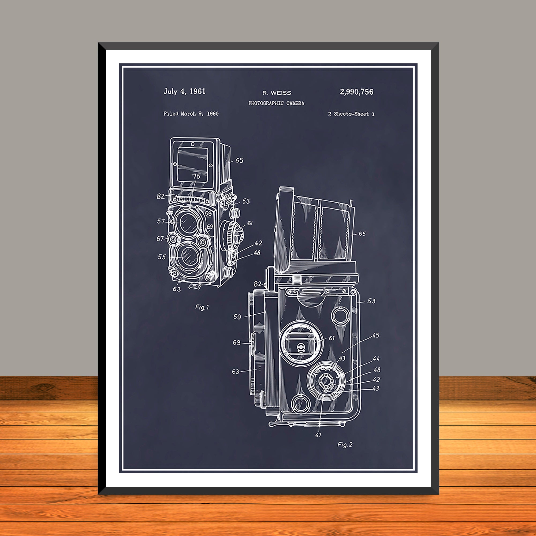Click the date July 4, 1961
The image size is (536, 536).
tap(184, 91)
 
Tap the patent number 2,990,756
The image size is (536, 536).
tap(356, 92)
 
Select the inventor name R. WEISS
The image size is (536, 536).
tap(277, 93)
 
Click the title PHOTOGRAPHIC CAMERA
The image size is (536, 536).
tap(276, 103)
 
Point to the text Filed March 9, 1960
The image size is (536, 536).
tap(191, 113)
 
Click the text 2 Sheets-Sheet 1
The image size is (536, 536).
tap(351, 114)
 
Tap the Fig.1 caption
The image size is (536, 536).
tap(202, 307)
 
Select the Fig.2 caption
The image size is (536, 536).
tap(345, 445)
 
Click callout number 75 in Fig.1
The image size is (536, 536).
tap(196, 176)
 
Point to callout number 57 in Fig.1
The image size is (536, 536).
tap(161, 221)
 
